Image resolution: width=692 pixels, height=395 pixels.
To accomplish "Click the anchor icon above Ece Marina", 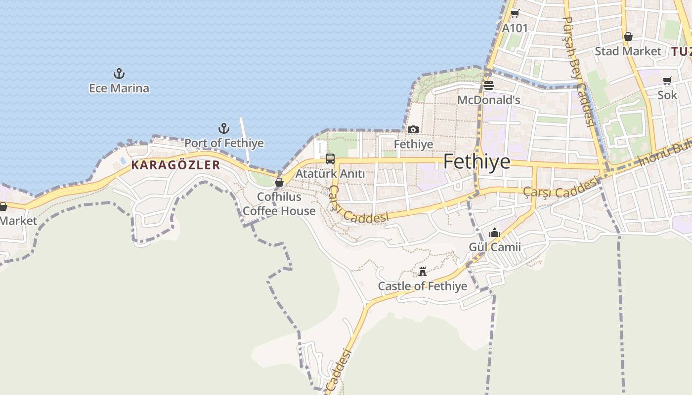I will click(119, 74).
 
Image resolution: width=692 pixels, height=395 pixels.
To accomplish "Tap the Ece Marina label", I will click(119, 88).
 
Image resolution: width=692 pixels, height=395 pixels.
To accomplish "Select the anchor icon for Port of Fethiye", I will click(224, 129).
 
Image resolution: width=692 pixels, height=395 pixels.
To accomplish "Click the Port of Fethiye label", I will click(224, 143).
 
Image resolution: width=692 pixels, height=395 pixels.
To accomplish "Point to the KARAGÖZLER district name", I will click(175, 165).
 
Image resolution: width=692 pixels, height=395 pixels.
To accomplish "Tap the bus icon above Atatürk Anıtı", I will click(330, 159).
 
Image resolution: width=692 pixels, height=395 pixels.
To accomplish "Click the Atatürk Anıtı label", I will click(330, 174).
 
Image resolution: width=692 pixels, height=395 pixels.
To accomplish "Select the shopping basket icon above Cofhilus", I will click(279, 182).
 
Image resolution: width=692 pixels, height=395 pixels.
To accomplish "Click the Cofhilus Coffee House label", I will click(279, 204).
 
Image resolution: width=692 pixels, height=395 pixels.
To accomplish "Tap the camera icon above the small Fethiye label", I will click(413, 130).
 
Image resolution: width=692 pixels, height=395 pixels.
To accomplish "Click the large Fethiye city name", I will click(476, 161).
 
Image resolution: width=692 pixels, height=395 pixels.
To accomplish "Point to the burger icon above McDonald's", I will click(489, 85).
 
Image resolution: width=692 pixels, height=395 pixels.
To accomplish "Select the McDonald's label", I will click(489, 100).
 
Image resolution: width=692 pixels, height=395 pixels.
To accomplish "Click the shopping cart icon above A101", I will click(515, 14).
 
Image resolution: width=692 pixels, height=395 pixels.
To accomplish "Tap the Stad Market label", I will click(628, 51).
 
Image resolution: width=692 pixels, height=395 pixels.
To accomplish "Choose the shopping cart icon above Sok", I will click(667, 80).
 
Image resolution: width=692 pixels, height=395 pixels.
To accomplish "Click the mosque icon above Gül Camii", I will click(495, 233).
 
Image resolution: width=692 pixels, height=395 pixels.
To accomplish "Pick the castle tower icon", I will click(423, 272).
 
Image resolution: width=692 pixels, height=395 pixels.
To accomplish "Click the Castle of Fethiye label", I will click(423, 286).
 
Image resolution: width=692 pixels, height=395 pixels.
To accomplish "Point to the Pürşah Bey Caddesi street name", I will click(578, 72).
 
